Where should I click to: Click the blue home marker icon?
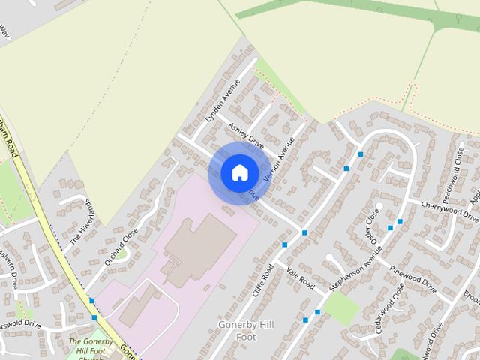click(239, 172)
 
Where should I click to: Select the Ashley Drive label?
click(247, 136)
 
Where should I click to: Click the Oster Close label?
click(372, 226)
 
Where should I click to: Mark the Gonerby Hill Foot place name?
click(237, 331)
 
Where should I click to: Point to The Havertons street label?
click(80, 223)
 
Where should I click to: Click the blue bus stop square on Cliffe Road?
click(284, 244)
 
